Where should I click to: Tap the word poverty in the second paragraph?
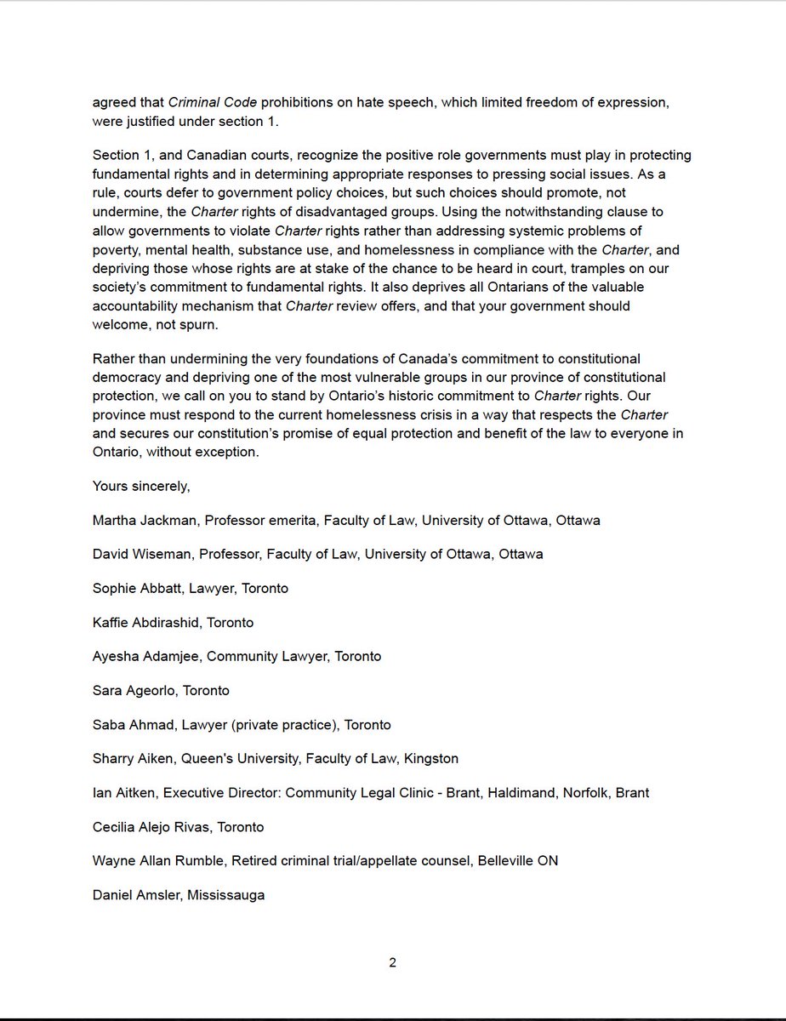pos(118,250)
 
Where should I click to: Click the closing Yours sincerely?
pos(141,486)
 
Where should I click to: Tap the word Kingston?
pos(430,758)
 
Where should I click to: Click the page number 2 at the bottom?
pos(392,963)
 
